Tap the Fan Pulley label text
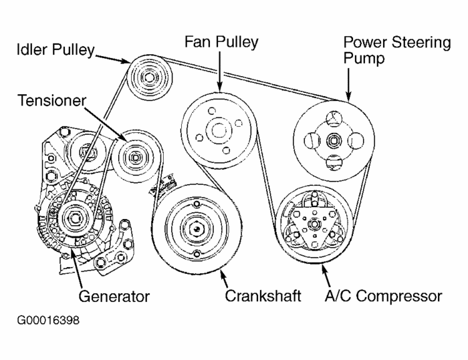221,42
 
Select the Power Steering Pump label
396,50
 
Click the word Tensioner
52,101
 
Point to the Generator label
114,295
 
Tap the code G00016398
49,321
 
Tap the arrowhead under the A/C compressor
324,270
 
